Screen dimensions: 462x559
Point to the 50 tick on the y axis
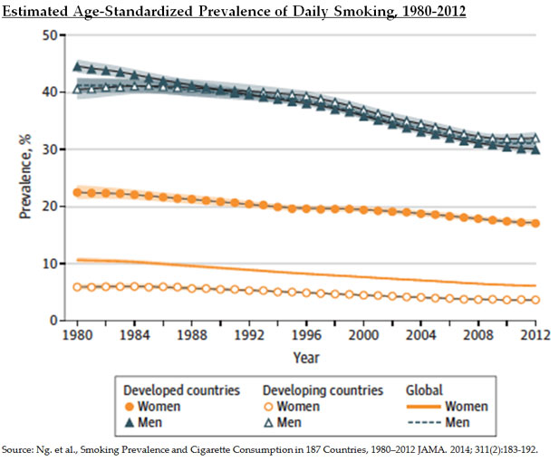click(x=51, y=35)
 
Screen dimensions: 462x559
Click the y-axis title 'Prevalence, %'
click(x=24, y=178)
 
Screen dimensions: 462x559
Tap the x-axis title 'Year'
click(x=307, y=357)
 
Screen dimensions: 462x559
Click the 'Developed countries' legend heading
click(x=181, y=390)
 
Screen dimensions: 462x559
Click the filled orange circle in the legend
click(x=130, y=407)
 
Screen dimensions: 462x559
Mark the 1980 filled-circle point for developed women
click(x=79, y=192)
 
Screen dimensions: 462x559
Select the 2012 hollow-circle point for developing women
click(x=535, y=300)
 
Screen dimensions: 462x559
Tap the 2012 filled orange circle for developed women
click(x=535, y=223)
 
